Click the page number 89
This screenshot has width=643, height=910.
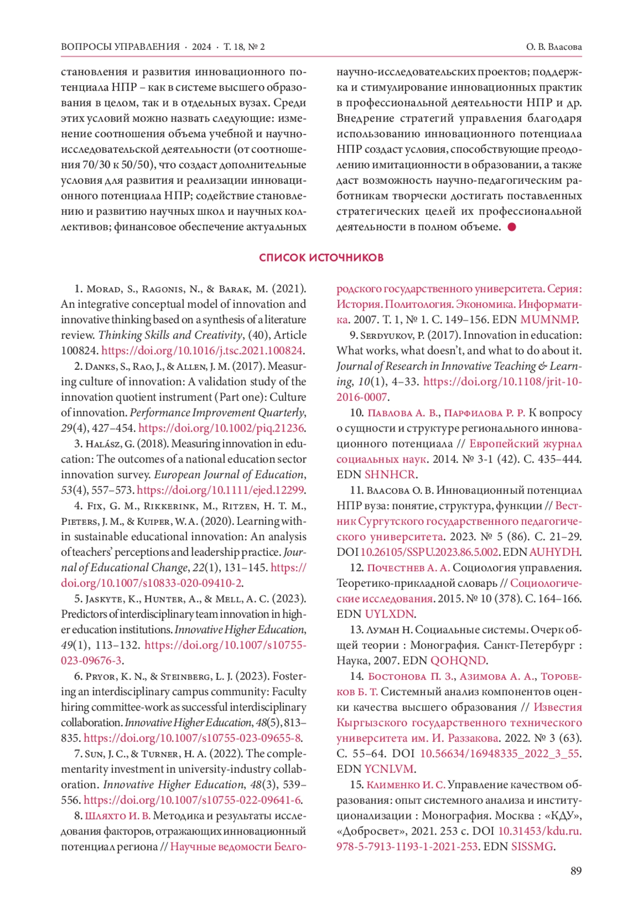pos(575,871)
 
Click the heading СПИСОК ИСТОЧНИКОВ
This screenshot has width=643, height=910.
pos(321,258)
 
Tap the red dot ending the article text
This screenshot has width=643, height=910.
pos(512,227)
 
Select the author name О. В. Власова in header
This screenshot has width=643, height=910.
pos(554,47)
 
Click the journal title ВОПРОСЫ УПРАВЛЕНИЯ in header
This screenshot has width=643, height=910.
pos(120,47)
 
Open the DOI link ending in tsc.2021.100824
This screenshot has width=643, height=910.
pos(202,351)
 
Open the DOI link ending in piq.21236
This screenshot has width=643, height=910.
pos(221,428)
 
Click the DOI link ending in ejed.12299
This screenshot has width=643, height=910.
pos(220,490)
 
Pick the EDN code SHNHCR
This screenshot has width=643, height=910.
pos(390,475)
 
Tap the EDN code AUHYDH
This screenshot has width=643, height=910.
pos(554,552)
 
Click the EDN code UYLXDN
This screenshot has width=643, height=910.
pos(389,614)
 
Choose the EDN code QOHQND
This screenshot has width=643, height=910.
pos(458,661)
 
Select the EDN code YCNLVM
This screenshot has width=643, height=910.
pos(389,769)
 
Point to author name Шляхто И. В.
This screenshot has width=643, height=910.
pos(118,816)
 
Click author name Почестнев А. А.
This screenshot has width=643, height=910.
pos(408,568)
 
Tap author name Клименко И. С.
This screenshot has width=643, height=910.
pos(406,785)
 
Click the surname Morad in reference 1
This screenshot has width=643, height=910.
pos(103,289)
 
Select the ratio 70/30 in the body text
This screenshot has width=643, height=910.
pos(95,165)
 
